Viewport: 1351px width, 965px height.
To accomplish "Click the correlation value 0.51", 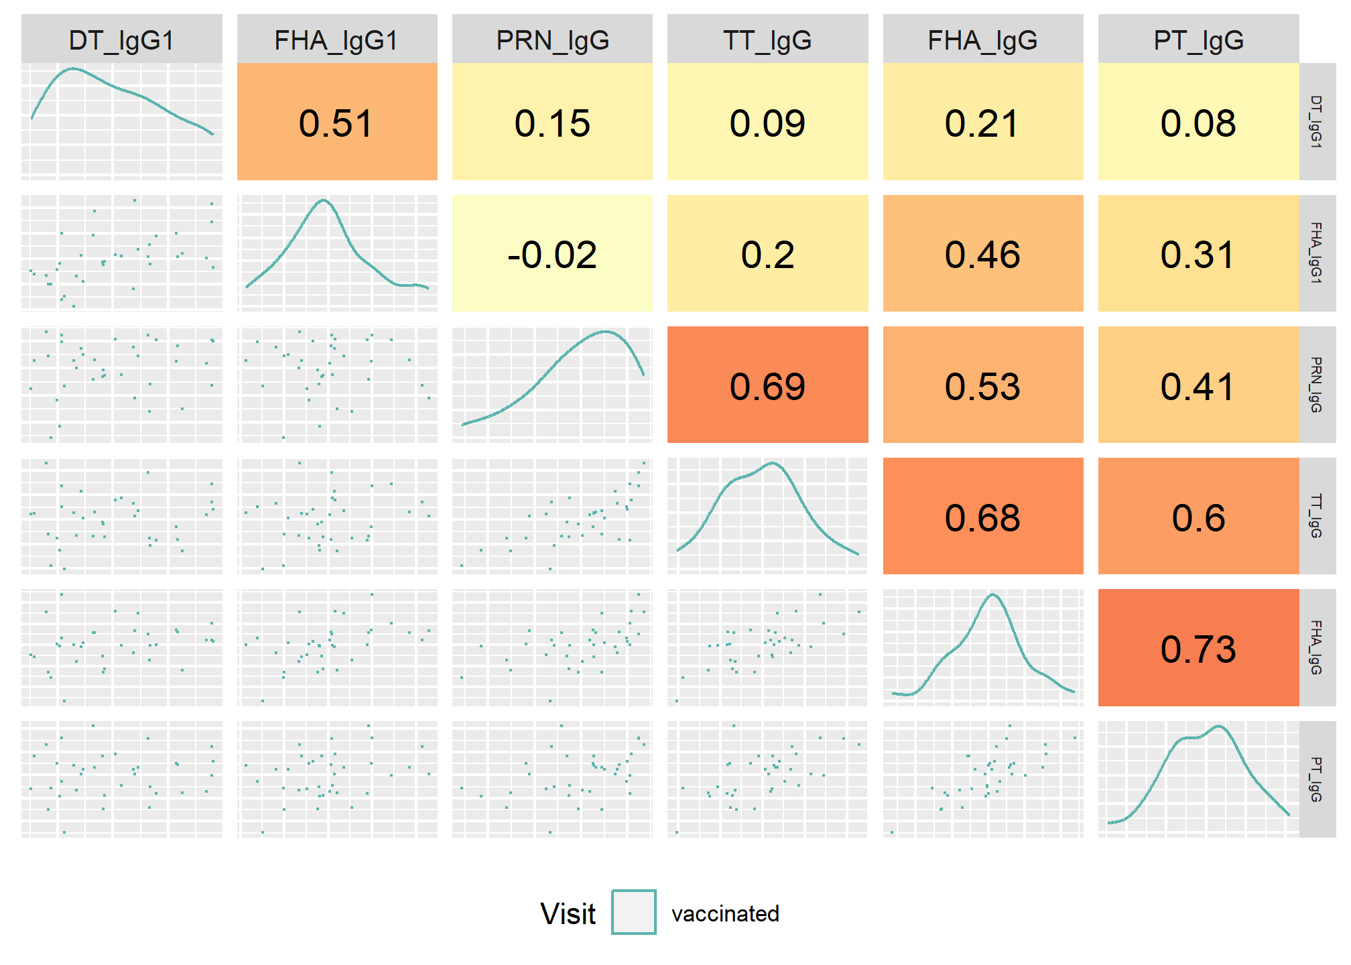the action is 336,123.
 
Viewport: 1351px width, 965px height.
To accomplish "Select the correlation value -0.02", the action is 552,255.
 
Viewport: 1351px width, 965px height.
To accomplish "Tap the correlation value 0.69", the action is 767,387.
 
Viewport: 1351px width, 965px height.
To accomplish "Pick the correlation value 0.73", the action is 1198,649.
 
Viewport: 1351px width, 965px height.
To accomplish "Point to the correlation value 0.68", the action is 982,518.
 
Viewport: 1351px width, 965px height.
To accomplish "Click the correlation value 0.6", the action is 1198,518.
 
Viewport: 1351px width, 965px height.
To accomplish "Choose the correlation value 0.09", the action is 767,123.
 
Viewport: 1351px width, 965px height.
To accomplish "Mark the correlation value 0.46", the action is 982,255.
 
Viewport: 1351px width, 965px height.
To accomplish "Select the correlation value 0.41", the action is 1198,387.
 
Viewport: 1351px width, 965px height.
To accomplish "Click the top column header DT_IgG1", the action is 121,40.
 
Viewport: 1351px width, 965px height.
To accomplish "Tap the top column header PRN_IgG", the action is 552,40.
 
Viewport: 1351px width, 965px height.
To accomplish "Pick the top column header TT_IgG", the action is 767,40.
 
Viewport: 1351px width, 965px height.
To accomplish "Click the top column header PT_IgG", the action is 1198,40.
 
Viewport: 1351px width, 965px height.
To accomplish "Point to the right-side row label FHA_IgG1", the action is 1316,253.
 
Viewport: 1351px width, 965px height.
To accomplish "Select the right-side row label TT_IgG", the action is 1316,516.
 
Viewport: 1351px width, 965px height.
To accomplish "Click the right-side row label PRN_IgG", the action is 1316,385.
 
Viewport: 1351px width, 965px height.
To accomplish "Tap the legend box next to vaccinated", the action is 634,912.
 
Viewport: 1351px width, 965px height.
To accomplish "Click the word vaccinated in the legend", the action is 725,913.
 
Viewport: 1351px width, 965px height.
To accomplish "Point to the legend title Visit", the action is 568,913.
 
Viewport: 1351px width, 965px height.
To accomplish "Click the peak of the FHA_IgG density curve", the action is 992,594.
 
